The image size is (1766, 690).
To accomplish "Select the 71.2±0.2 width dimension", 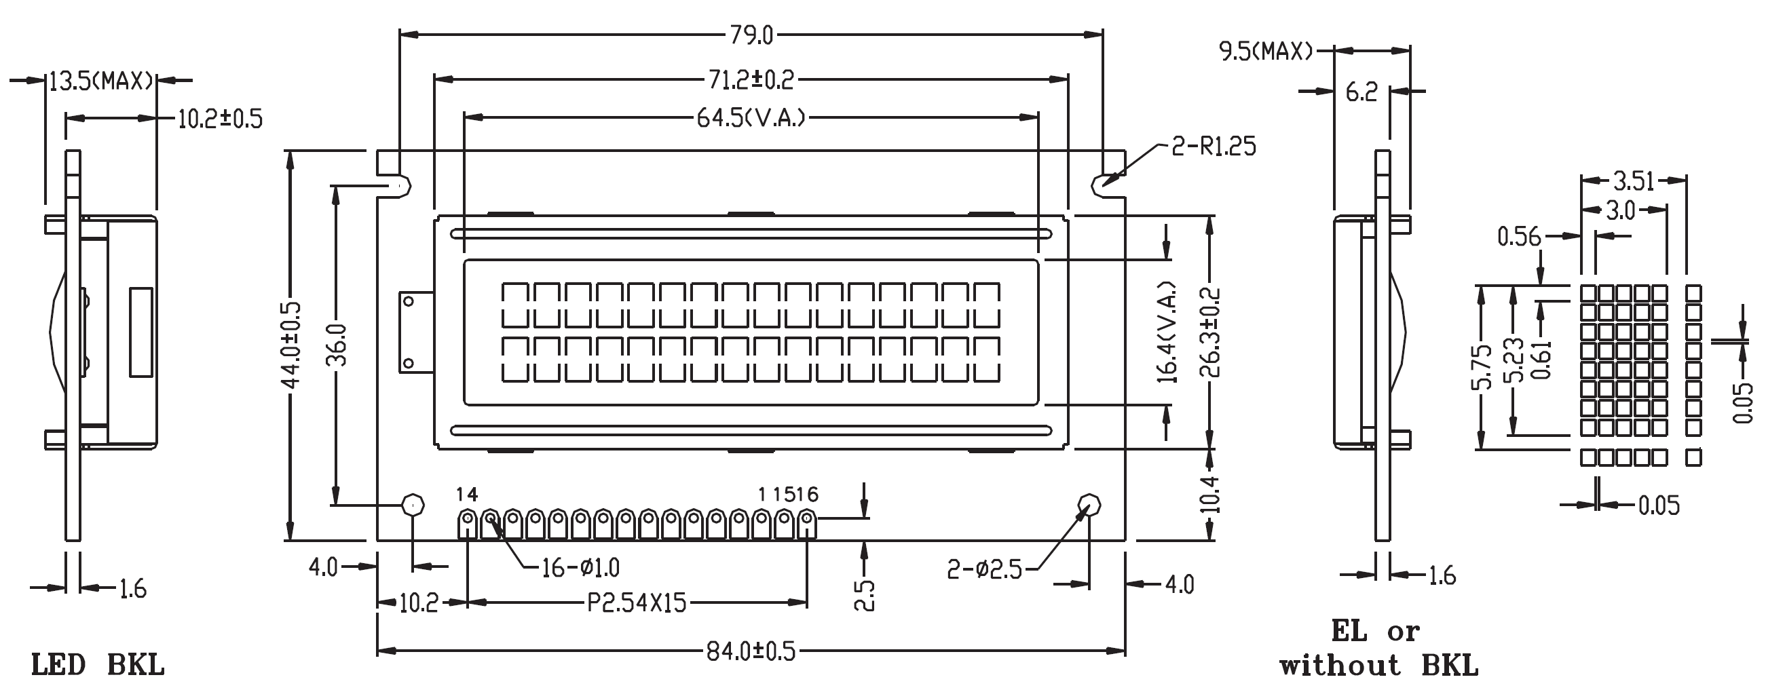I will point(751,80).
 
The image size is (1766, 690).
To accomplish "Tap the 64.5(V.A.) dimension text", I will point(751,119).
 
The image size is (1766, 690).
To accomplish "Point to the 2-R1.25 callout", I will point(1214,147).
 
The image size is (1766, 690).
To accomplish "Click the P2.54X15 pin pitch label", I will point(637,603).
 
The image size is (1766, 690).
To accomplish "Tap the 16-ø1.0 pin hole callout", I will point(581,568).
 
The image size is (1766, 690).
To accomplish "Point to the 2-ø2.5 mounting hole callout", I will point(984,569).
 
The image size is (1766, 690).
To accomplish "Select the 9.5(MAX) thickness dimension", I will point(1266,52).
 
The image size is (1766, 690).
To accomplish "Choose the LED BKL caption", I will point(97,666).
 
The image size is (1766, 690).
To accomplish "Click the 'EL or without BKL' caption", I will point(1378,648).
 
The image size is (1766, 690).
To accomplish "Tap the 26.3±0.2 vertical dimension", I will point(1211,332).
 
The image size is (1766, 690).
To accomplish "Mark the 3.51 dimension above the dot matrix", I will point(1634,181).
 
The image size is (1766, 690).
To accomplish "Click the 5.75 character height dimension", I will point(1482,367).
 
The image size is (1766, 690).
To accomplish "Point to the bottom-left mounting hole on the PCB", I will point(413,505).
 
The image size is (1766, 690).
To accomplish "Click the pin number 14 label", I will point(467,494).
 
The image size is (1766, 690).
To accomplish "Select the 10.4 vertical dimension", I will point(1211,494).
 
